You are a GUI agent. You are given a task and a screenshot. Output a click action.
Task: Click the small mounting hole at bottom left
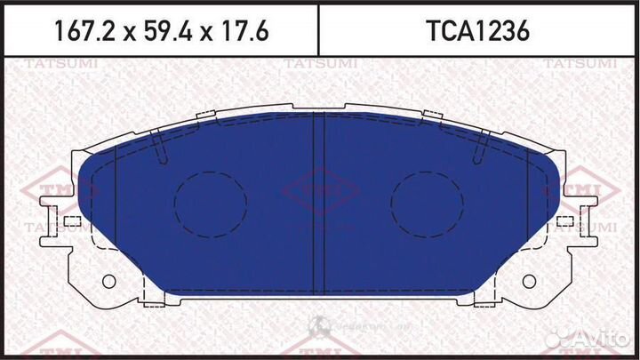pos(109,282)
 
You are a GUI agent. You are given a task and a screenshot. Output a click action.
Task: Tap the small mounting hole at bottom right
pos(531,282)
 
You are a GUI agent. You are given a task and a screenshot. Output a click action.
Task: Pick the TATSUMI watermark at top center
pos(321,63)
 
